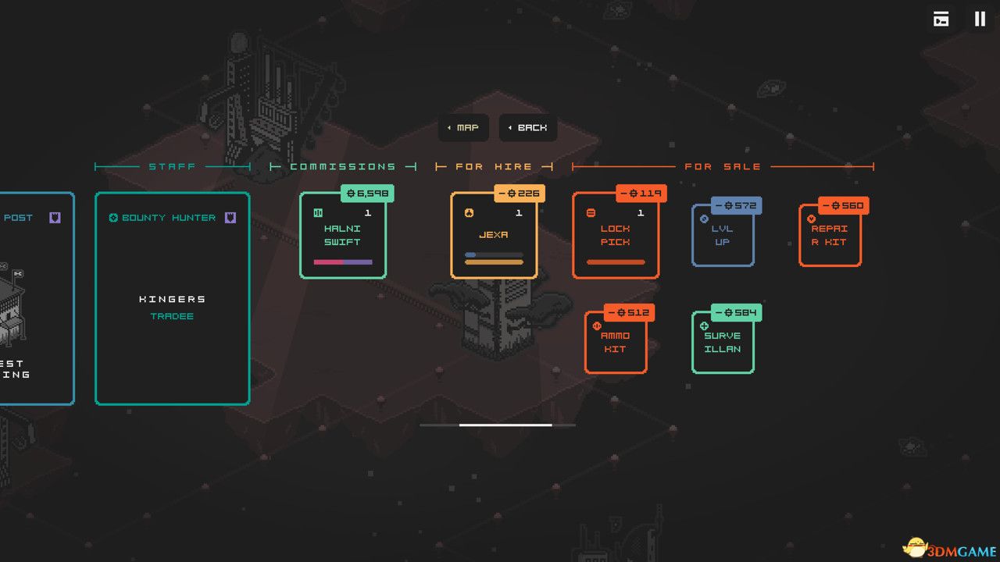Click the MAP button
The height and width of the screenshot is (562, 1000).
pos(463,127)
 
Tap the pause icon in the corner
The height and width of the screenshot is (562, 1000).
pos(980,19)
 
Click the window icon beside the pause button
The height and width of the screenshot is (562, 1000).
pos(941,19)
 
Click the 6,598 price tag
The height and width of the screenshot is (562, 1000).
pos(367,193)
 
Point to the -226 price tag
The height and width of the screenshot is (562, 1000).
pos(520,193)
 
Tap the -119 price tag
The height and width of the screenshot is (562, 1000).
pos(641,193)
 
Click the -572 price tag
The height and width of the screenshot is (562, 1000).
pos(735,205)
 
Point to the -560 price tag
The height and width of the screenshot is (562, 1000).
pos(843,205)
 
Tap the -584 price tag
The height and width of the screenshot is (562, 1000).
pos(735,312)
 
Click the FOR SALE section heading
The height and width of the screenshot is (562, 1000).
pos(723,166)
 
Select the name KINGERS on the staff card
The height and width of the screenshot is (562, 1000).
pos(173,299)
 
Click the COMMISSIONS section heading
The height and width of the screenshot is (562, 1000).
pos(342,166)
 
